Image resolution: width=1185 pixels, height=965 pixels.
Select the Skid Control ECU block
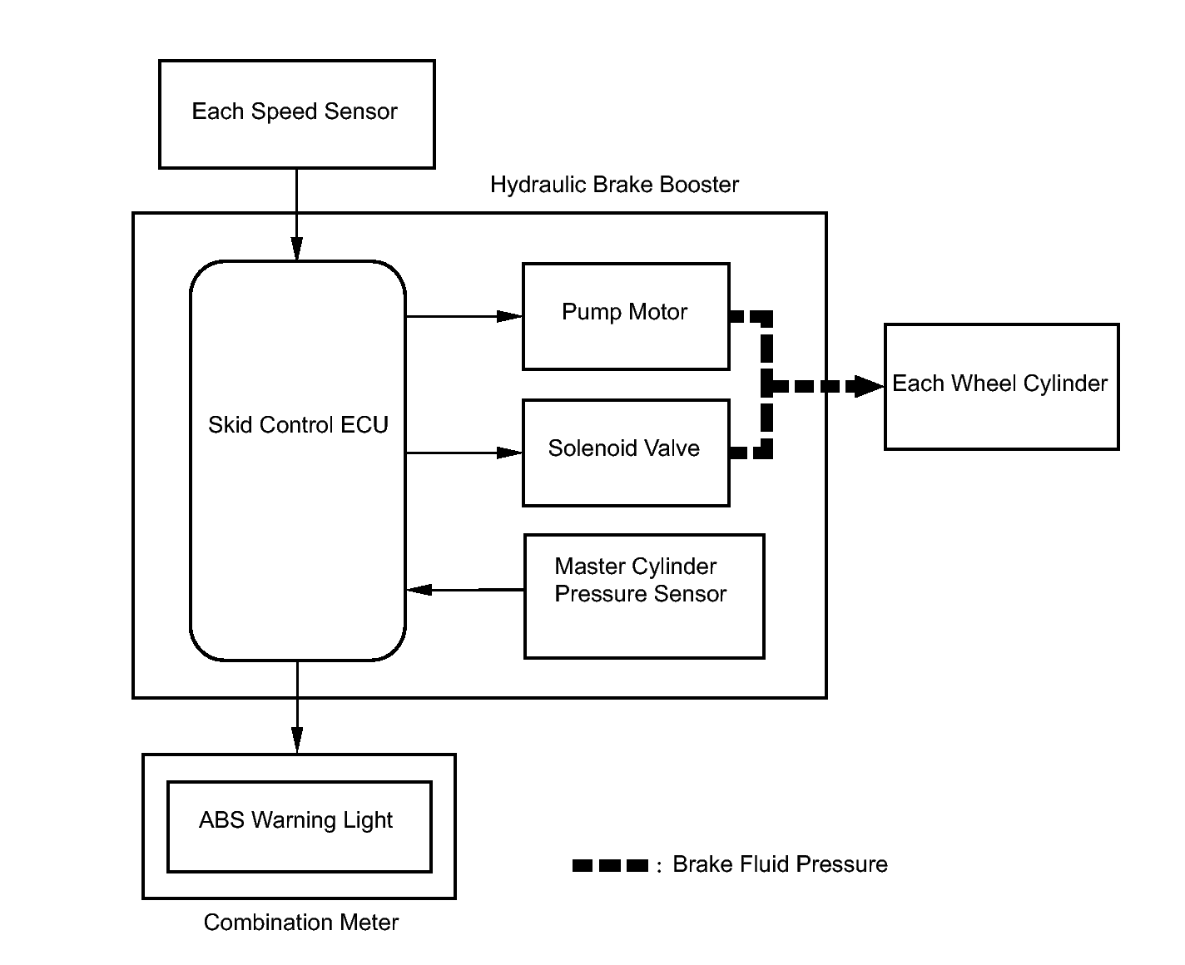click(x=298, y=461)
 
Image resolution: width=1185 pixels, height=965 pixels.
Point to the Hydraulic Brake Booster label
click(x=614, y=185)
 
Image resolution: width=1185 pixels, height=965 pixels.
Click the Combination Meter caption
click(x=301, y=923)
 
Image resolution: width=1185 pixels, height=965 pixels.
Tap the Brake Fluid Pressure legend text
click(x=780, y=864)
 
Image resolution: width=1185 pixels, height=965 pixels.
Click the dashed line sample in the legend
click(x=610, y=865)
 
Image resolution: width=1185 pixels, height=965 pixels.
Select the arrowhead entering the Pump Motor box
click(x=509, y=316)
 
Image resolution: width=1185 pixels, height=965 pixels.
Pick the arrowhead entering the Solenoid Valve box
click(x=509, y=453)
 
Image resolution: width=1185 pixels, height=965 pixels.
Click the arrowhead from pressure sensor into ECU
click(x=419, y=590)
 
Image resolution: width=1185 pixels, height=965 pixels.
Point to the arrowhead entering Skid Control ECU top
click(x=296, y=249)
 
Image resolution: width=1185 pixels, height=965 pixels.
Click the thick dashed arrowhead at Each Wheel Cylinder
click(x=869, y=386)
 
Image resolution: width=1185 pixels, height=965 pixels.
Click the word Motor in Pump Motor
click(x=658, y=311)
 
